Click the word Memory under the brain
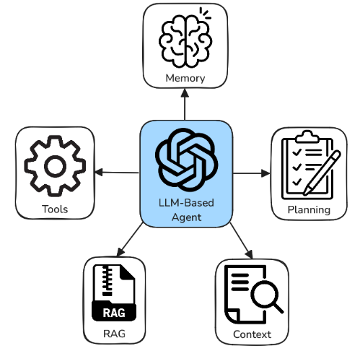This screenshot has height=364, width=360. (185, 79)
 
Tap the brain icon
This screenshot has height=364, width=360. (185, 38)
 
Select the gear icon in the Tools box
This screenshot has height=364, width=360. (55, 166)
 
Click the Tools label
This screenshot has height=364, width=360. (55, 209)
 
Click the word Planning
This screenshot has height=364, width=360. (309, 210)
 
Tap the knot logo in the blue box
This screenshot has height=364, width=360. (187, 160)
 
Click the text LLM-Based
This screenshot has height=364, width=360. (186, 203)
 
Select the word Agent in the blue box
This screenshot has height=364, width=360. (186, 217)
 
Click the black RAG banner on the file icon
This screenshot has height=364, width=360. (114, 313)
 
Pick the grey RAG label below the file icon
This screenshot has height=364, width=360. (114, 334)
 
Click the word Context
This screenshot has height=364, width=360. (252, 334)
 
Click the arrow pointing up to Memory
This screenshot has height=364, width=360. (185, 104)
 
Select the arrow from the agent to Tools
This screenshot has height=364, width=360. (117, 173)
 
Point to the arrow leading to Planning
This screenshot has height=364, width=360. (252, 173)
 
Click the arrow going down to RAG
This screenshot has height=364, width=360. (130, 239)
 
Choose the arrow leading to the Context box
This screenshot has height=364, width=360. (242, 240)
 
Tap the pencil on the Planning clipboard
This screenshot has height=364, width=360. (322, 173)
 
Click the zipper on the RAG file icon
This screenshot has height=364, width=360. (107, 280)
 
